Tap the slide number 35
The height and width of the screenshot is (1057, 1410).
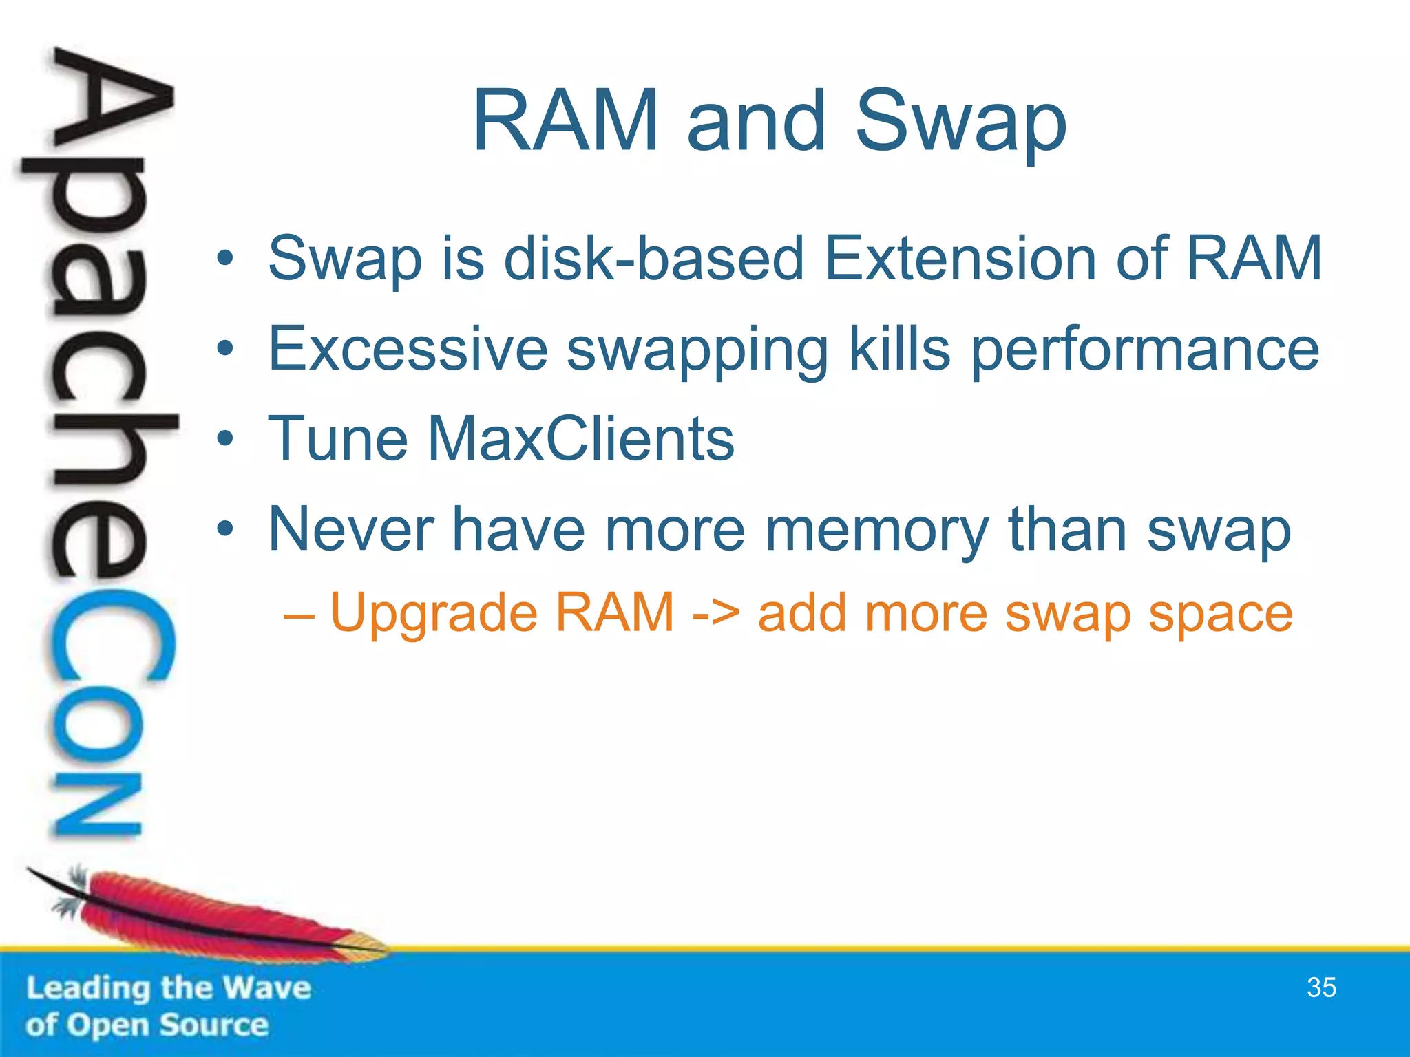(1321, 987)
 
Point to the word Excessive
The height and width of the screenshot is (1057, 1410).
(408, 350)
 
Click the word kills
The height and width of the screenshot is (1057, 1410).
(900, 350)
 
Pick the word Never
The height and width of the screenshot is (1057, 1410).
(350, 529)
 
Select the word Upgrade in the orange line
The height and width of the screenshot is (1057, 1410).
(433, 614)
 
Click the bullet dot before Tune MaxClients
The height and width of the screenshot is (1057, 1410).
(224, 439)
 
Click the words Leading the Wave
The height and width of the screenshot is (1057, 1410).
(169, 988)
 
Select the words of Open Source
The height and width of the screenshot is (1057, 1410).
(147, 1025)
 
